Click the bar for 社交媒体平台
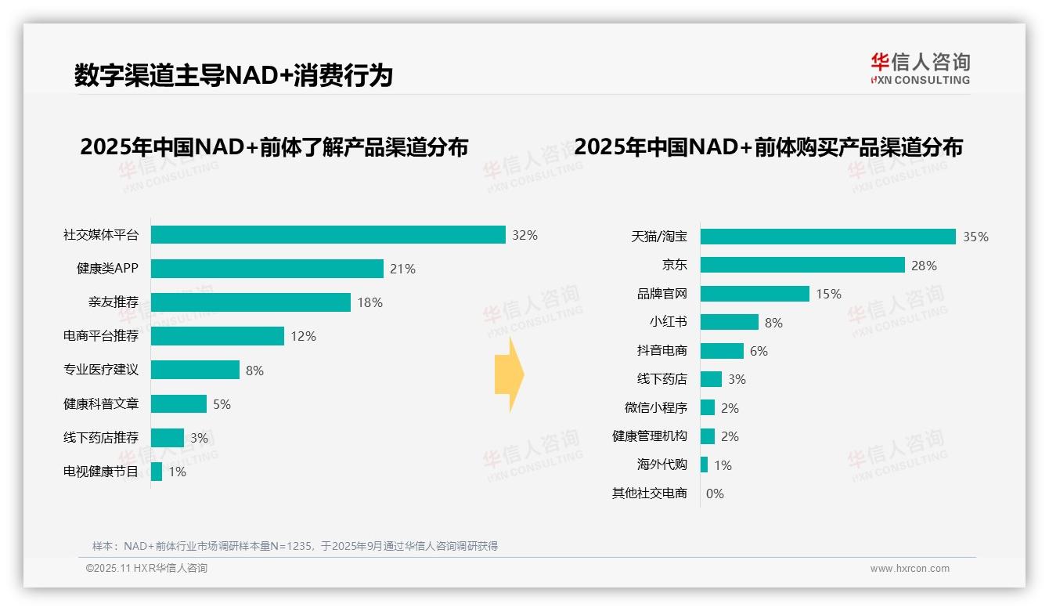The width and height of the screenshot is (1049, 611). pos(328,235)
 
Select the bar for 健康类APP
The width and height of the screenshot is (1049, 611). pos(267,269)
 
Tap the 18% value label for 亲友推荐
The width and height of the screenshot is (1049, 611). pos(370,302)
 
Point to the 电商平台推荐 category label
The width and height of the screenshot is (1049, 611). pos(101,336)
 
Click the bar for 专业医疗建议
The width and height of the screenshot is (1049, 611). pos(195,370)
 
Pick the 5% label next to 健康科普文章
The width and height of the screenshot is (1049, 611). pos(222,404)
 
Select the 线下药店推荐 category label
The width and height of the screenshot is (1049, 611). pos(101,438)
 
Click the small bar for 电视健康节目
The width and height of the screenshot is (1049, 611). pos(157,472)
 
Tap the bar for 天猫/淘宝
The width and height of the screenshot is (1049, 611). pos(827,237)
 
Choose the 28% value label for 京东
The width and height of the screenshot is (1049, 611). pos(924,266)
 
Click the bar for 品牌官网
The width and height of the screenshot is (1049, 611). pos(755,294)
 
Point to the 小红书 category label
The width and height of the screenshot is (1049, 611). pos(669,322)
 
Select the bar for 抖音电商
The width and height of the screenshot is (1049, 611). pos(722,351)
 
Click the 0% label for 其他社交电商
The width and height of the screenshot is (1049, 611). pos(715,493)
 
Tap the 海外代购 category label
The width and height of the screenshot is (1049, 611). pos(662,465)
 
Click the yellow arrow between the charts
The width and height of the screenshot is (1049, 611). pos(509,374)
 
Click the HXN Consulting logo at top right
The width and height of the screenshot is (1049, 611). pos(920,69)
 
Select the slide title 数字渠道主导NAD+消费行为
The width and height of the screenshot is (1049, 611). pos(233,75)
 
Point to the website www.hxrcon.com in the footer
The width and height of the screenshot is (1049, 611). pos(910,569)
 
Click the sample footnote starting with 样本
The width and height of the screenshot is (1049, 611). pos(295,546)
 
